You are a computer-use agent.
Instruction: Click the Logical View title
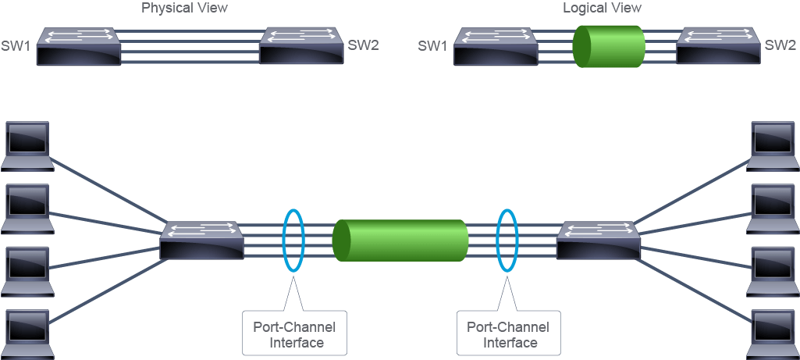click(x=602, y=8)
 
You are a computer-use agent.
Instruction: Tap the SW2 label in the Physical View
click(x=363, y=45)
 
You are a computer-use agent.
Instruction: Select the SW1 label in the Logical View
click(x=432, y=46)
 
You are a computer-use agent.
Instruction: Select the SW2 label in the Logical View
click(x=780, y=45)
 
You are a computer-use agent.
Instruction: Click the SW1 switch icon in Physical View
click(x=79, y=47)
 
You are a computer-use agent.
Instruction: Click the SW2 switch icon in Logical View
click(x=718, y=46)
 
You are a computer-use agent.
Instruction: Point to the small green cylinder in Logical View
click(x=610, y=47)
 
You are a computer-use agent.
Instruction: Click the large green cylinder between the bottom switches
click(x=400, y=241)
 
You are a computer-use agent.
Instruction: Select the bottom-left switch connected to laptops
click(x=201, y=240)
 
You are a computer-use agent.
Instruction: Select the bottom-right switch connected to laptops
click(x=598, y=240)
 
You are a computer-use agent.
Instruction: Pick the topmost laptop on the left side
click(x=27, y=145)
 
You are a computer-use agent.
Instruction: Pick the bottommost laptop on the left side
click(x=27, y=334)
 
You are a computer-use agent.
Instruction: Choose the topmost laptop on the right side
click(x=773, y=145)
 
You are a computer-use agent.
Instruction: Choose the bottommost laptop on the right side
click(x=773, y=334)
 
